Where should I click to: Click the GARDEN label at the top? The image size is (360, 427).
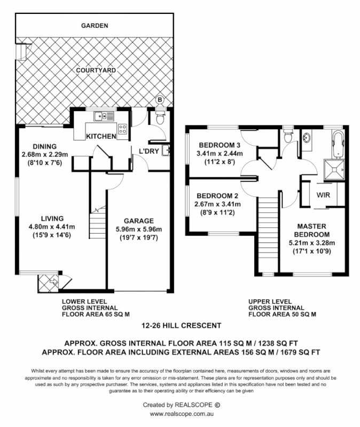(95, 25)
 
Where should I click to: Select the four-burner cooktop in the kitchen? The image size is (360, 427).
(122, 129)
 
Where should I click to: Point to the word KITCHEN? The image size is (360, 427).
(101, 137)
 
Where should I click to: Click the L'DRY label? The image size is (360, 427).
(148, 151)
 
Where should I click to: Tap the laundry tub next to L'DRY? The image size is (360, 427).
(167, 151)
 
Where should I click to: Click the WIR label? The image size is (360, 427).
(323, 195)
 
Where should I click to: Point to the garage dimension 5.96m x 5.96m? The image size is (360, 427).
(139, 230)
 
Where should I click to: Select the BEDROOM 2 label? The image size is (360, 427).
(217, 195)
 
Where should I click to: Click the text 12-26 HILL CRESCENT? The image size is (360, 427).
(181, 325)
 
